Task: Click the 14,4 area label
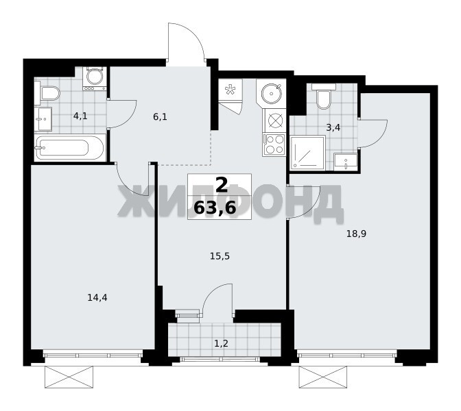(x=97, y=298)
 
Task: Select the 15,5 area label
(x=220, y=257)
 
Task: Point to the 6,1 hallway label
(x=160, y=117)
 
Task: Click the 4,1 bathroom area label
(x=80, y=116)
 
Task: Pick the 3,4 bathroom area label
(x=333, y=127)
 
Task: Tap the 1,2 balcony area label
(x=221, y=343)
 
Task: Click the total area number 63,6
(x=215, y=208)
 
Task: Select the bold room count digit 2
(x=222, y=185)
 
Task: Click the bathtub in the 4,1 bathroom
(x=70, y=148)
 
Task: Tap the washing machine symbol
(x=95, y=78)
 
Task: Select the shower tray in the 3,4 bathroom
(x=307, y=153)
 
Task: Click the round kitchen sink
(x=272, y=93)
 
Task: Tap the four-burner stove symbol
(x=274, y=145)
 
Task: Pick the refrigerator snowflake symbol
(x=230, y=89)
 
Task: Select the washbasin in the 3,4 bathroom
(x=346, y=162)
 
